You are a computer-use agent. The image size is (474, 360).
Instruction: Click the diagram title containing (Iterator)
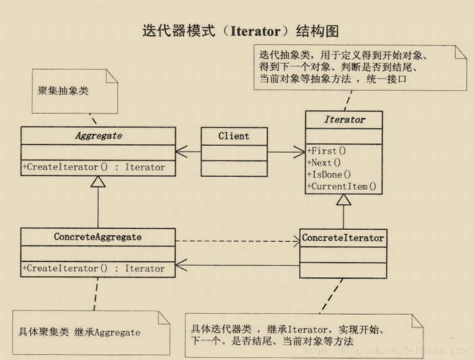click(241, 31)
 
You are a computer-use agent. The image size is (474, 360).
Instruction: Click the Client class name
click(234, 136)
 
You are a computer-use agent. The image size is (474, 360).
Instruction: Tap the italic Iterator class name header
click(344, 120)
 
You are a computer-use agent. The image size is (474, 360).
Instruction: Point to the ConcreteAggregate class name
click(98, 237)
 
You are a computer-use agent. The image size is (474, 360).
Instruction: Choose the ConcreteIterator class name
click(343, 238)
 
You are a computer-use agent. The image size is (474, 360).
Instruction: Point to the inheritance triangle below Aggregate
click(98, 182)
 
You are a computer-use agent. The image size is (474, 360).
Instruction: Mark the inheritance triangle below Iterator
click(344, 200)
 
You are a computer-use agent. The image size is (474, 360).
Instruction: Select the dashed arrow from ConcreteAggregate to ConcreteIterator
click(237, 240)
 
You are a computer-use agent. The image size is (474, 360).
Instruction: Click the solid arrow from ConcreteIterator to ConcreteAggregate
click(237, 265)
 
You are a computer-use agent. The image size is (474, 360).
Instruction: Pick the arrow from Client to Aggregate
click(188, 152)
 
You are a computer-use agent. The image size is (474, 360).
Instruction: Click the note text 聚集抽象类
click(63, 90)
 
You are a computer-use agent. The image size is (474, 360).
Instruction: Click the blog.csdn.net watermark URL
click(386, 351)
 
